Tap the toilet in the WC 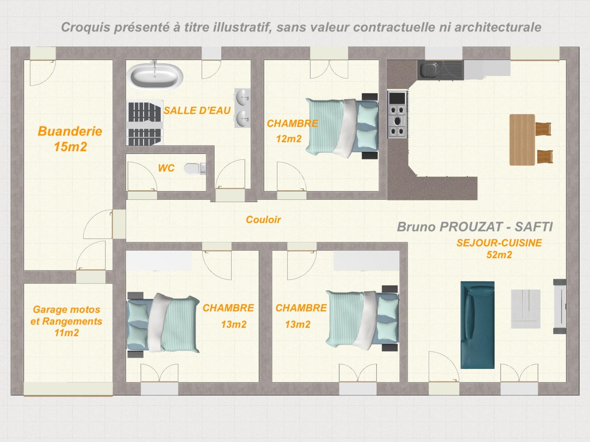coord(195,168)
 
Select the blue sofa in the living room coord(477,325)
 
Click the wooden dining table coord(522,140)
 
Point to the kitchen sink coord(430,70)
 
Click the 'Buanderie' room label coord(70,131)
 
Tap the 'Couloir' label coord(263,219)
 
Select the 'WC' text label coord(166,168)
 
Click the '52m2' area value coord(499,255)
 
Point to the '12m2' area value coord(289,139)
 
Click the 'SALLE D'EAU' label coord(197,110)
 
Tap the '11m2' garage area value coord(67,333)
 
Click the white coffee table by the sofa coord(526,309)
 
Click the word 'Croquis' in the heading coord(86,27)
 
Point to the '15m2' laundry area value coord(70,147)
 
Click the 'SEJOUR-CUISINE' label coord(499,243)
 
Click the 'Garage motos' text coord(67,309)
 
